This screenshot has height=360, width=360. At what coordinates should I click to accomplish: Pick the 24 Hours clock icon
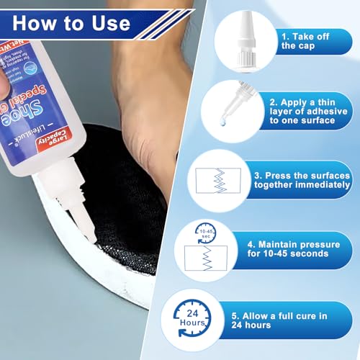coord(192,317)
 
